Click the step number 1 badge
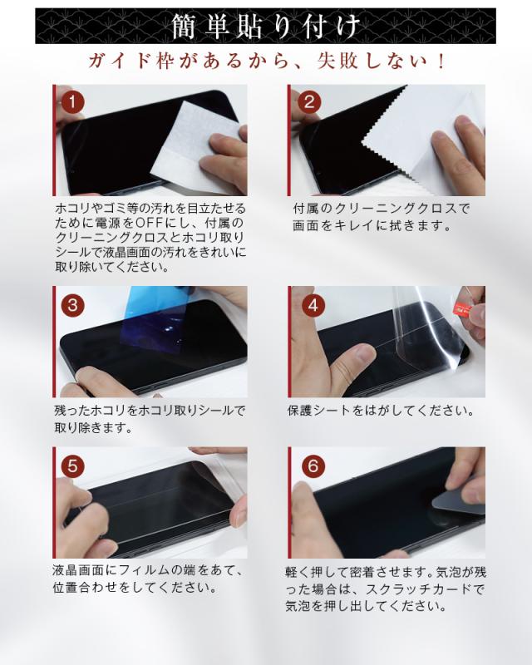71,101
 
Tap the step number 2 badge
309,101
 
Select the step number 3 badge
72,305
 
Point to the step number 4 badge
313,305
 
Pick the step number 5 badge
72,466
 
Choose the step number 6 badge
313,466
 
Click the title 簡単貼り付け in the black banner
266,26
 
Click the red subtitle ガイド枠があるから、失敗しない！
267,62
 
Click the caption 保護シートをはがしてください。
380,411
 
